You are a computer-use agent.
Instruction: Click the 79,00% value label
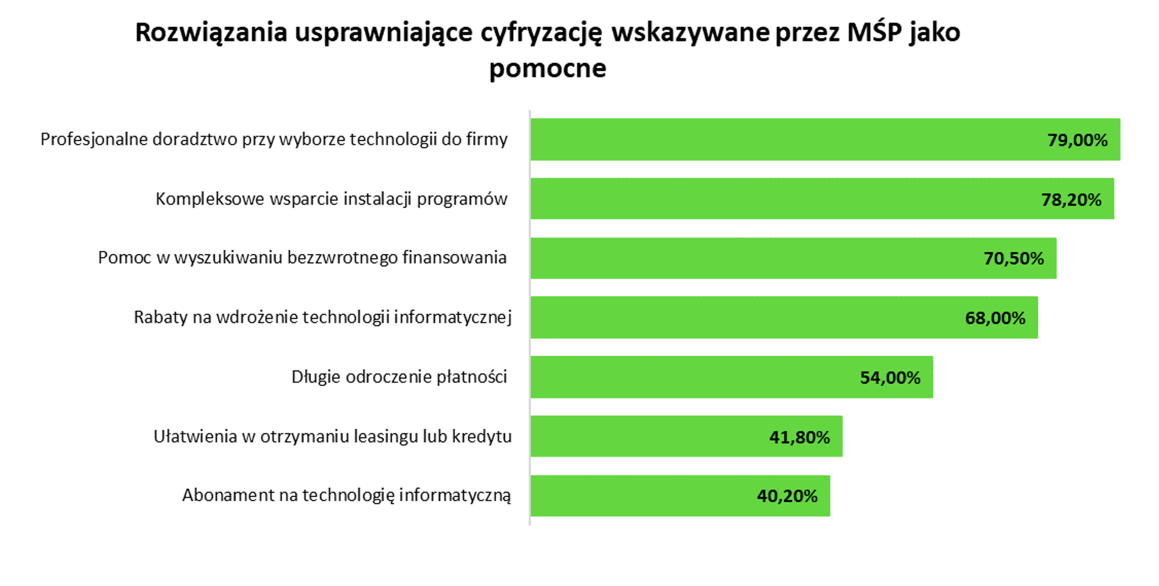[1077, 140]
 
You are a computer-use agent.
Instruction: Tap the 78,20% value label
[1071, 200]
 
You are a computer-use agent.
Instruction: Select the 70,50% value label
[1014, 259]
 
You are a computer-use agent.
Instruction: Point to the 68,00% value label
[995, 318]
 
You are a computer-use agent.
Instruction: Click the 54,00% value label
[890, 378]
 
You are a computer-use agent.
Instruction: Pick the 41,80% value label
[799, 437]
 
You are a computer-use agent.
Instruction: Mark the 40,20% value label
[787, 496]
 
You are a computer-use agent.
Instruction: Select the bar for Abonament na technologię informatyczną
[641, 496]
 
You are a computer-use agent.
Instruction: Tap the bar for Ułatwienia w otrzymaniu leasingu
[647, 436]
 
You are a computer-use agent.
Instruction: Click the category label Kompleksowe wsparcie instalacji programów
[332, 199]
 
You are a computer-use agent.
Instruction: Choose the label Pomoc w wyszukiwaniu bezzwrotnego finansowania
[302, 258]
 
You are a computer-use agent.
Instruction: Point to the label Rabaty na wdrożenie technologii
[322, 317]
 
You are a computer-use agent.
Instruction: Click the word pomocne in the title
[548, 68]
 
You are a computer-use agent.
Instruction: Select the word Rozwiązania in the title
[211, 33]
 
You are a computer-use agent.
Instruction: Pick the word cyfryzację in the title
[541, 33]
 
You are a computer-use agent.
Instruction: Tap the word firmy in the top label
[487, 140]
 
